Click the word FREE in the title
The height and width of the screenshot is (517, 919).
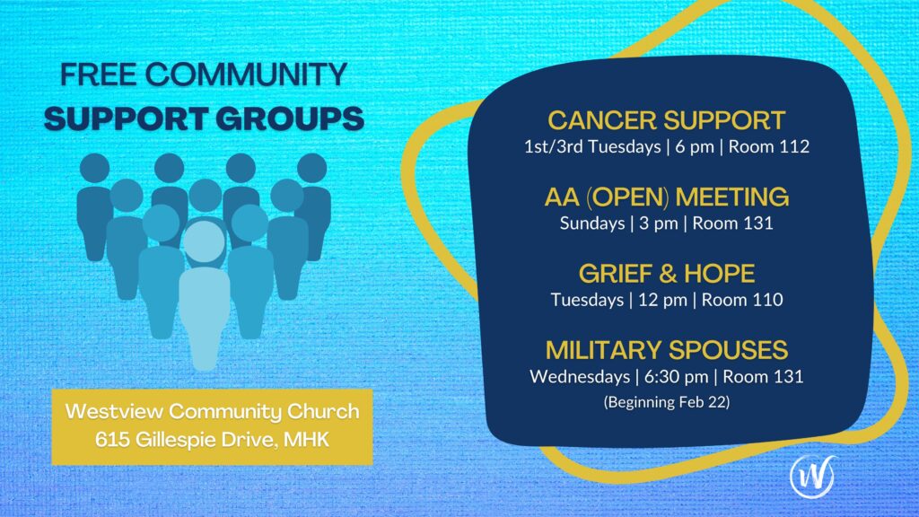click(x=99, y=75)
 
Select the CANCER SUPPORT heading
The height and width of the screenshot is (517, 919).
click(x=667, y=121)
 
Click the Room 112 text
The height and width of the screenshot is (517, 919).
click(x=769, y=146)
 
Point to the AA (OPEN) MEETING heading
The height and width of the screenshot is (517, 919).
click(x=667, y=197)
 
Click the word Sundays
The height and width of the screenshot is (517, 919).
click(x=592, y=223)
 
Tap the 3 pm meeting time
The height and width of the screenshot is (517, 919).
click(x=658, y=223)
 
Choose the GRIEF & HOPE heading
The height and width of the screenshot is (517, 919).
click(x=667, y=274)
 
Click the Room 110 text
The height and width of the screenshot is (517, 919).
click(x=742, y=300)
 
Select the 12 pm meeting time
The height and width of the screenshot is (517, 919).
click(x=662, y=300)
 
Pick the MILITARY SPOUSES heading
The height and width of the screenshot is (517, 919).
click(x=667, y=351)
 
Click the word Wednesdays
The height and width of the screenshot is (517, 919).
click(x=580, y=376)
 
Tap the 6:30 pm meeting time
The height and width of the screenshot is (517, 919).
click(x=677, y=376)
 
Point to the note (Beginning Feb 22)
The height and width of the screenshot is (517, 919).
click(x=667, y=402)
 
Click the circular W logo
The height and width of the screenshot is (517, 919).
click(x=813, y=476)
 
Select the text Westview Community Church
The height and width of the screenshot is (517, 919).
click(x=212, y=411)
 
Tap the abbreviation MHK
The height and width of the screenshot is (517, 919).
click(x=307, y=439)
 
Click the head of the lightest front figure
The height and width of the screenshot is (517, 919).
click(x=204, y=241)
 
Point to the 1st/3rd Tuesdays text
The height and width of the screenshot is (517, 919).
click(x=592, y=146)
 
